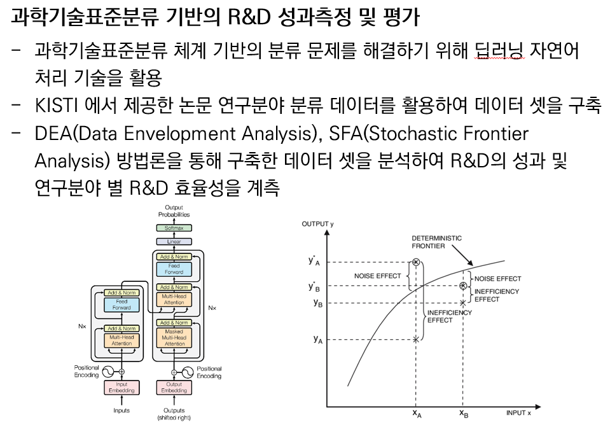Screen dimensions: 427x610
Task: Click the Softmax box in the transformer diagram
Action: click(174, 227)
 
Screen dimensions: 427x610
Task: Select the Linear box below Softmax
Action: click(174, 242)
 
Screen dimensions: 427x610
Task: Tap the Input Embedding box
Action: click(121, 388)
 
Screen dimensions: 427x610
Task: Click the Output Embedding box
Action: click(174, 388)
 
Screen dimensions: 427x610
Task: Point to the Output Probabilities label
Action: click(174, 212)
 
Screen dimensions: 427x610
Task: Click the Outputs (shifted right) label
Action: click(174, 414)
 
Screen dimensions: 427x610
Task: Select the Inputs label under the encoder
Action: click(121, 410)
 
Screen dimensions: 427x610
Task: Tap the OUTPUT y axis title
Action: click(318, 224)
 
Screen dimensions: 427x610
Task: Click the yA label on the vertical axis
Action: click(317, 340)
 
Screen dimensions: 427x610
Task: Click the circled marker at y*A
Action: click(416, 262)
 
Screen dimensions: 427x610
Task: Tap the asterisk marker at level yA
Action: click(416, 340)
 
